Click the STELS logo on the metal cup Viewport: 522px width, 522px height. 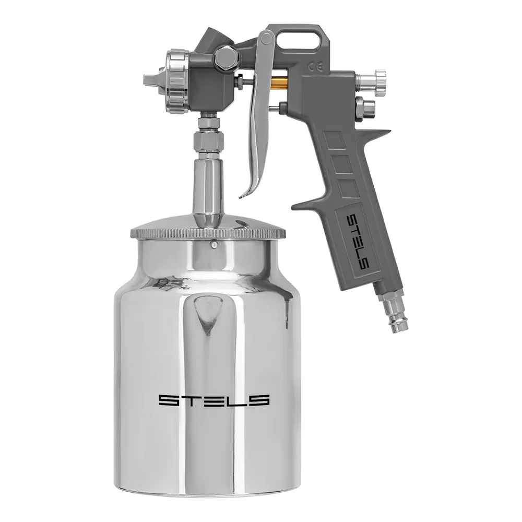pos(213,400)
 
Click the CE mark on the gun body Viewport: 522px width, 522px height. pos(315,67)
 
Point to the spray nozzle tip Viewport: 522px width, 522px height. pos(149,80)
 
